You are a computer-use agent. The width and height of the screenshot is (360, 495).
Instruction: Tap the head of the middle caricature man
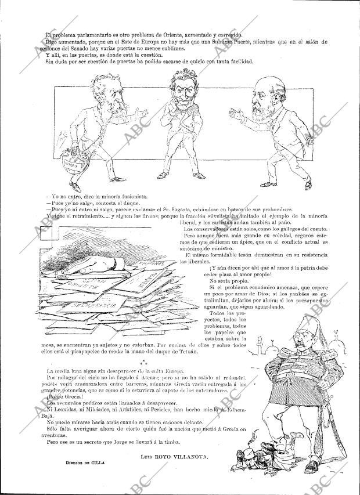[x=182, y=90]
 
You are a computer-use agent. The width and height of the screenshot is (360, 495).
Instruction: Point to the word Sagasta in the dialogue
[x=211, y=209]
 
